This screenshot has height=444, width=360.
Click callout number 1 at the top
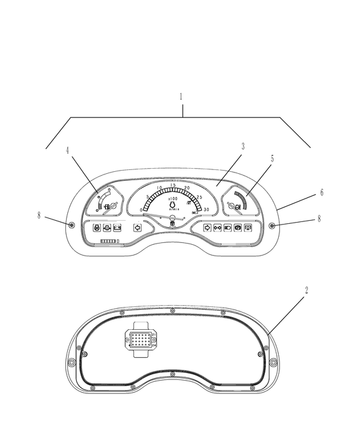[x=180, y=97]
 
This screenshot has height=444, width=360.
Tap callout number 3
[x=243, y=146]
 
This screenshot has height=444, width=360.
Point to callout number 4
[x=67, y=150]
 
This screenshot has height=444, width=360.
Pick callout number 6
[x=322, y=192]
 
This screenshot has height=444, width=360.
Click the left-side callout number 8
[x=39, y=216]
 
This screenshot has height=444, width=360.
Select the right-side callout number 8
[x=319, y=219]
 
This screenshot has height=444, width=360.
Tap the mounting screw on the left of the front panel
[x=71, y=226]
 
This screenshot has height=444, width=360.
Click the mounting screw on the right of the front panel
[x=272, y=226]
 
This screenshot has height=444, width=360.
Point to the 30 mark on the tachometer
[x=206, y=209]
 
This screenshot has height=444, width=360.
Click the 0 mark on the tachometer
[x=141, y=209]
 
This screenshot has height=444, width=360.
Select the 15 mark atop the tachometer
[x=173, y=185]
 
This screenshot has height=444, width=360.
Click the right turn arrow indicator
[x=206, y=228]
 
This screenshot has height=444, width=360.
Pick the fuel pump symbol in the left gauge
[x=106, y=206]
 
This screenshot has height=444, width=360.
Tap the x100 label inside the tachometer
[x=173, y=199]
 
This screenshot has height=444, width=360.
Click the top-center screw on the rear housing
[x=173, y=310]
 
